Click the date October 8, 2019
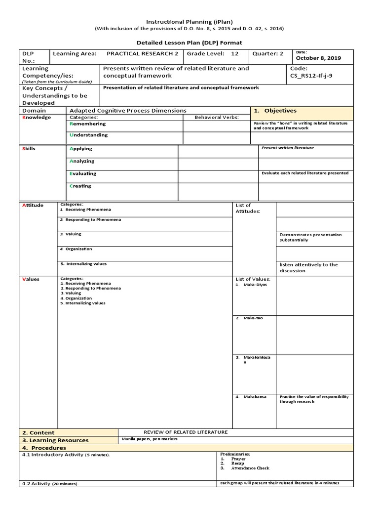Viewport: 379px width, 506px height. click(318, 58)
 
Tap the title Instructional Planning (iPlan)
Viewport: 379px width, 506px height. click(189, 22)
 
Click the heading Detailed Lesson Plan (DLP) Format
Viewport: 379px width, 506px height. click(189, 43)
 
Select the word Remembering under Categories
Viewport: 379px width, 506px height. click(88, 124)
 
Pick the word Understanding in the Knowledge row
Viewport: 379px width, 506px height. click(89, 135)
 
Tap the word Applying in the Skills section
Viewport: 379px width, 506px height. click(81, 149)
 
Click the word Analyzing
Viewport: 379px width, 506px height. click(82, 161)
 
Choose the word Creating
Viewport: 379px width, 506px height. click(80, 186)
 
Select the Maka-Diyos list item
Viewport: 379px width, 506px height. click(254, 285)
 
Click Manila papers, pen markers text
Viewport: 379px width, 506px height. click(149, 439)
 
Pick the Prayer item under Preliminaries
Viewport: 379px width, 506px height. click(238, 459)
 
